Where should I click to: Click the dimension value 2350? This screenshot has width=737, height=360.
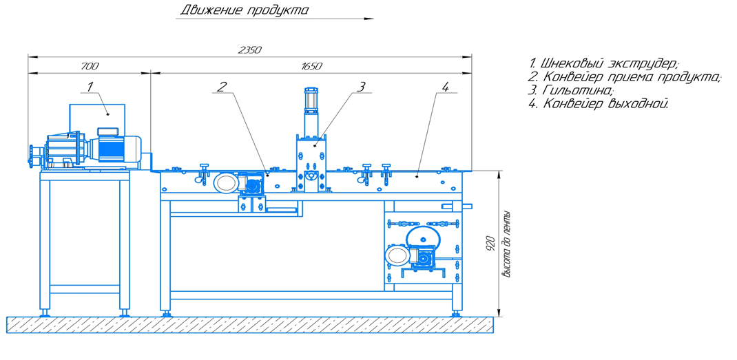249,50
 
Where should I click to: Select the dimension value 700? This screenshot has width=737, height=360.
90,66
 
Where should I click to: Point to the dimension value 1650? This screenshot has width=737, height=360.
311,66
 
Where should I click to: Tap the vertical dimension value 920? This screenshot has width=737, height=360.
490,242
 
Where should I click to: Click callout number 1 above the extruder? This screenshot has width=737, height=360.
90,86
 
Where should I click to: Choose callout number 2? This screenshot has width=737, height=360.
222,86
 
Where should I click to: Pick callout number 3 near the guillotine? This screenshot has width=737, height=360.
360,86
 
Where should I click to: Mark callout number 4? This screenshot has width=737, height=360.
445,86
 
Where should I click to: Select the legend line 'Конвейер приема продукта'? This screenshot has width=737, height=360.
625,76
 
